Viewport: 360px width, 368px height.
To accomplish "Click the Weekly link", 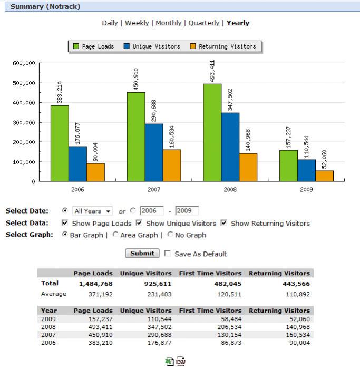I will [x=137, y=23].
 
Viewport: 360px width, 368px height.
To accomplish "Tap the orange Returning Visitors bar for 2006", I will [x=95, y=172].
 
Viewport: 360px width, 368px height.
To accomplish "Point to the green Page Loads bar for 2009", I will [x=288, y=166].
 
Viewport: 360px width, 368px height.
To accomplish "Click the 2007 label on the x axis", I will [x=153, y=189].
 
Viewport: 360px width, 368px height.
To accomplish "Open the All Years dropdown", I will [x=93, y=211].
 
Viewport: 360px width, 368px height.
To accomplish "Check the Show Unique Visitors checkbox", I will [x=139, y=223].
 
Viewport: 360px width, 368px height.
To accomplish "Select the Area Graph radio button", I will [x=115, y=235].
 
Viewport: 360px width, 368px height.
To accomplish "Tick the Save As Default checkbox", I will [x=168, y=254].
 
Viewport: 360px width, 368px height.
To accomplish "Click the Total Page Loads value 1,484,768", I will [x=93, y=284].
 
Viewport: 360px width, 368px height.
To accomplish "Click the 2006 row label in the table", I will [x=48, y=343].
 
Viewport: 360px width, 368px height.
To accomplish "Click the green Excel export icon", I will [x=169, y=362].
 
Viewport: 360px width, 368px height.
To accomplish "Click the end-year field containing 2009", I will [x=187, y=211].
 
